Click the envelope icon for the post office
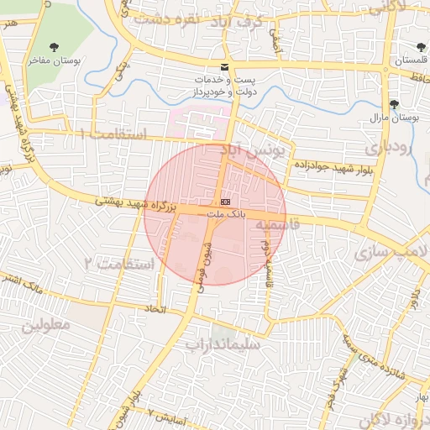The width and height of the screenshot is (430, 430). [x=224, y=66]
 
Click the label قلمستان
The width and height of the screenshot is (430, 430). [x=410, y=61]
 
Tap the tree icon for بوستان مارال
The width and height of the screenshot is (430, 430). [x=394, y=104]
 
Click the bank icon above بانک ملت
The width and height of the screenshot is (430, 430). [x=224, y=202]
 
